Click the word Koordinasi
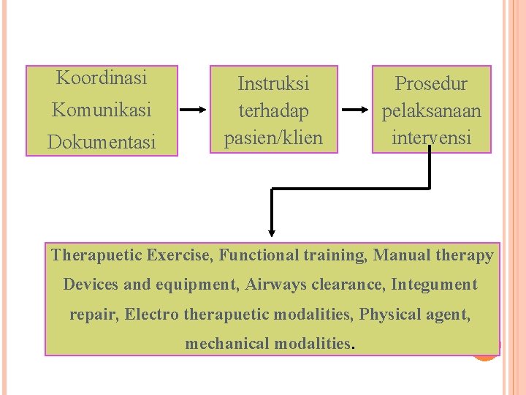click(x=102, y=77)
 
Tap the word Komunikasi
click(x=102, y=110)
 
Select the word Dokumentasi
click(x=102, y=143)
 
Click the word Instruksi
click(x=273, y=83)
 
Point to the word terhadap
click(x=273, y=111)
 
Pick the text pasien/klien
click(x=273, y=138)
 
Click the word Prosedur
click(x=431, y=83)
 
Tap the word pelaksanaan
click(x=431, y=111)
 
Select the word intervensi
click(x=431, y=138)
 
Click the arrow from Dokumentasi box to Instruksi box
click(x=194, y=110)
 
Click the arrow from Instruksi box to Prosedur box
click(x=356, y=110)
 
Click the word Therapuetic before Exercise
click(x=96, y=255)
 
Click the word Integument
click(x=434, y=285)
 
